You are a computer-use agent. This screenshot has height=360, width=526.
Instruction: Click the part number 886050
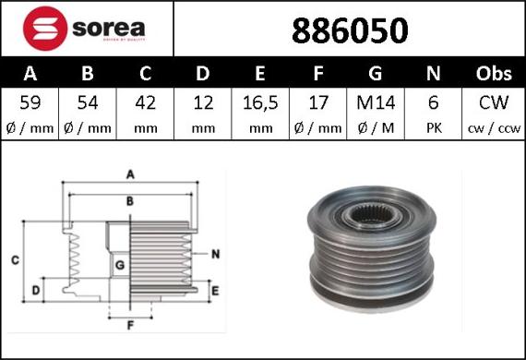(x=350, y=30)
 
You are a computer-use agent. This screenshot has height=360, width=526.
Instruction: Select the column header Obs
(x=494, y=73)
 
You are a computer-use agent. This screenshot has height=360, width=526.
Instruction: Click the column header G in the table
(x=375, y=73)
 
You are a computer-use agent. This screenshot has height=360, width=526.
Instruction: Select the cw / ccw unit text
(x=494, y=127)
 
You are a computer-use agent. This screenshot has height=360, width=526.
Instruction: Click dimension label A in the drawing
(x=130, y=173)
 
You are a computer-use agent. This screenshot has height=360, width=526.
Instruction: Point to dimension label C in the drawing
(x=15, y=261)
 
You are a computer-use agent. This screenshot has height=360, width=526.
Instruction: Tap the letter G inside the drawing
(x=119, y=266)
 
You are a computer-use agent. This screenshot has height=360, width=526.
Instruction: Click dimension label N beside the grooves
(x=214, y=253)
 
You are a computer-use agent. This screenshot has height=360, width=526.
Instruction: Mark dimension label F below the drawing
(x=130, y=326)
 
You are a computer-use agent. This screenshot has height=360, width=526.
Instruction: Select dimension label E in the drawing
(x=214, y=292)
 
